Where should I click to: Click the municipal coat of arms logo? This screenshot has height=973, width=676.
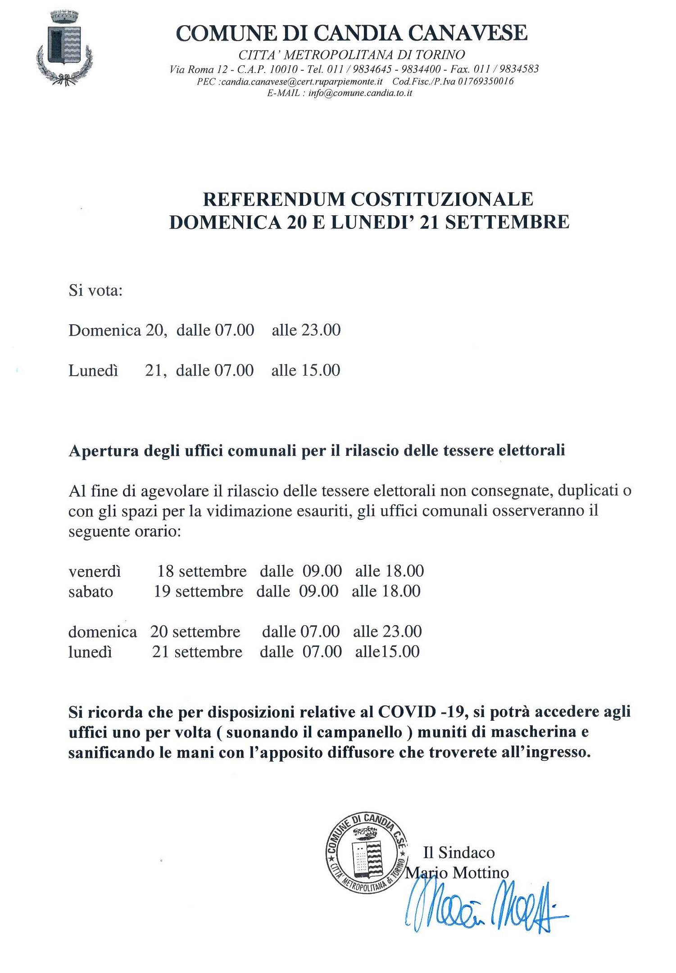(64, 48)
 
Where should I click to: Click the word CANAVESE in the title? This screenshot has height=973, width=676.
(467, 33)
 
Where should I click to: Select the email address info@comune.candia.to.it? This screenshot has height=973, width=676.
(360, 93)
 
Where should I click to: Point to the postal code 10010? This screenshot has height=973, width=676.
(283, 69)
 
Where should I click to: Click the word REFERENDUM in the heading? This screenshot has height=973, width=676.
(274, 200)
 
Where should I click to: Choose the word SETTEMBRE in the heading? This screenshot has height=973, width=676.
(507, 222)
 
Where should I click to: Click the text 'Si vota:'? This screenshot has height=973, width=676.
(95, 290)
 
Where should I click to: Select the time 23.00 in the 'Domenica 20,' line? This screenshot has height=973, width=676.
(321, 330)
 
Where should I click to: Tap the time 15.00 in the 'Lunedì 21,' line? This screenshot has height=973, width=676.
(320, 370)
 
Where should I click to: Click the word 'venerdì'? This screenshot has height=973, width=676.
(95, 571)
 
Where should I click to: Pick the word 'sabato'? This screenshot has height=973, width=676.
(91, 591)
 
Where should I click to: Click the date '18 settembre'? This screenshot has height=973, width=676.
(202, 571)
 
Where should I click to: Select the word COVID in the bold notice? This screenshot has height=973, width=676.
(407, 712)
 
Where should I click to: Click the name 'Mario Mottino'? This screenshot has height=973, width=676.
(457, 873)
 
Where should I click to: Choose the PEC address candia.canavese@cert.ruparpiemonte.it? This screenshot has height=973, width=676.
(302, 82)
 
